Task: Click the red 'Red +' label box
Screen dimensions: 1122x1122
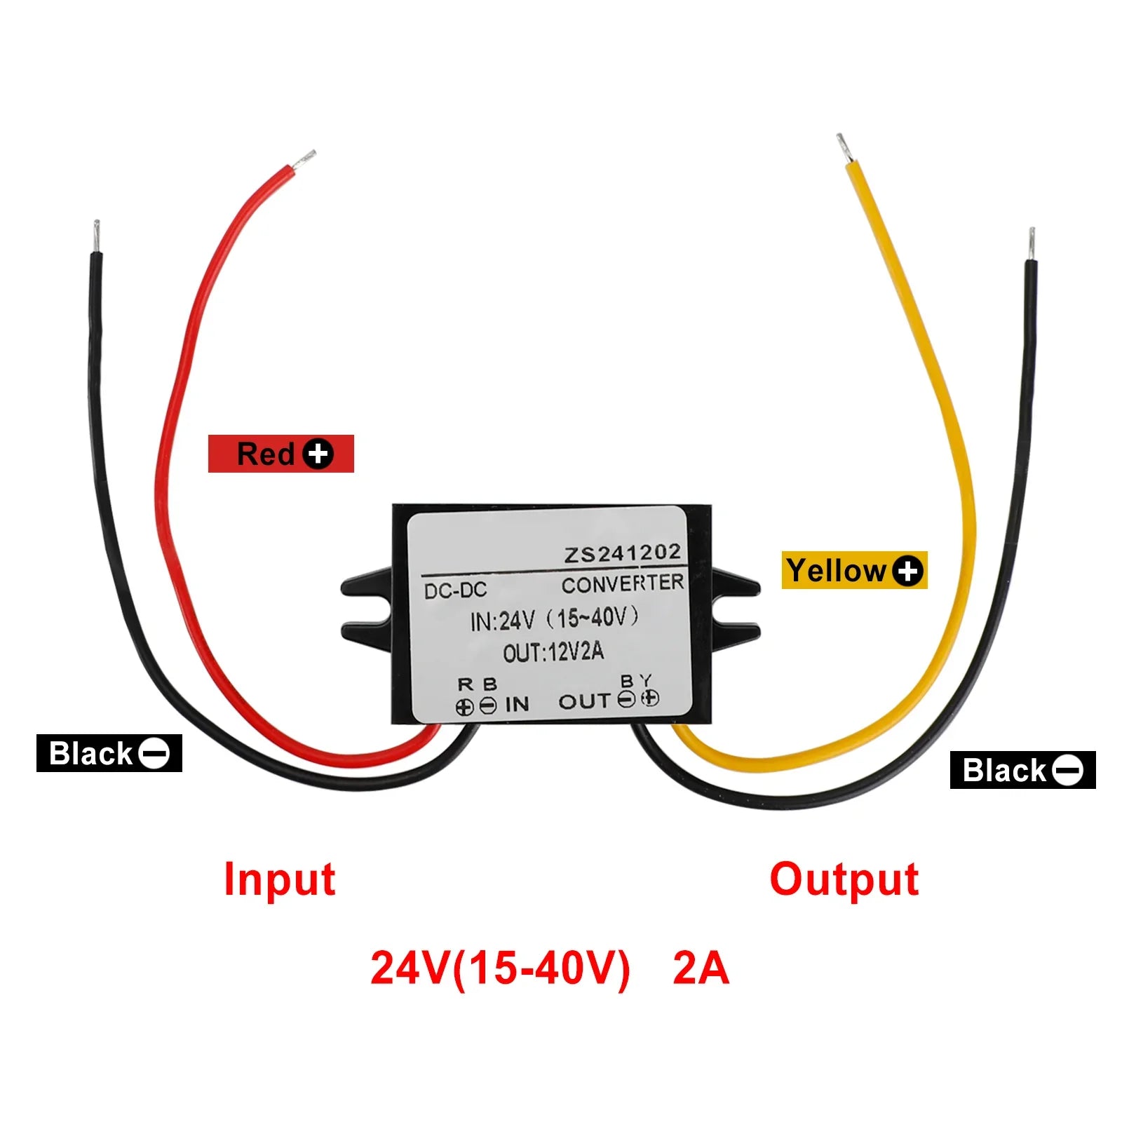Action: tap(280, 454)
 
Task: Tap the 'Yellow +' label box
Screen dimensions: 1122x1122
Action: tap(853, 570)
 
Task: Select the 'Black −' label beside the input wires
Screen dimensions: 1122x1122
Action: tap(109, 753)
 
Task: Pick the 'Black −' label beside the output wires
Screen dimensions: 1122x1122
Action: tap(1022, 770)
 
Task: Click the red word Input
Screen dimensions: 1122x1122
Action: tap(279, 879)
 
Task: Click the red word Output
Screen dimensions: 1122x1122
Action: tap(844, 879)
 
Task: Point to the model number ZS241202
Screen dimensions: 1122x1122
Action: tap(623, 554)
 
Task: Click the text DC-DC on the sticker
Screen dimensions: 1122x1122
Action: tap(455, 590)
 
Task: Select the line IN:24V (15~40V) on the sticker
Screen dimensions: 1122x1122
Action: tap(554, 619)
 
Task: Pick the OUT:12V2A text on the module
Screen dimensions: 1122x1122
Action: tap(553, 653)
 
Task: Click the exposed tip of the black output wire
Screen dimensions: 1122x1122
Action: tap(1032, 243)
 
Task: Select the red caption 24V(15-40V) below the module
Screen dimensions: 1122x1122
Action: tap(500, 968)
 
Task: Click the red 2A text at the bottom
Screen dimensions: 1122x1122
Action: tap(701, 968)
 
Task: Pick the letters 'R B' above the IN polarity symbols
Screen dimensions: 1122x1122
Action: tap(477, 684)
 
